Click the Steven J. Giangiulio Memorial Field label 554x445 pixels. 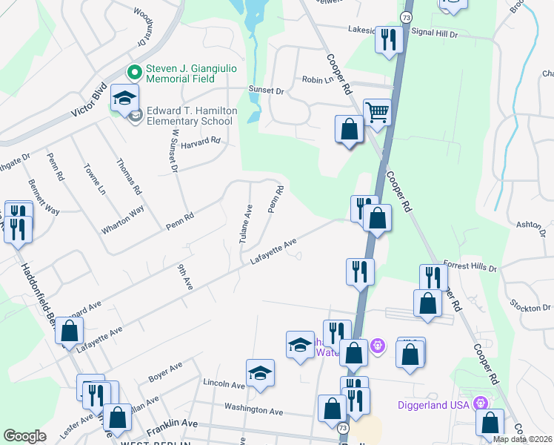190,73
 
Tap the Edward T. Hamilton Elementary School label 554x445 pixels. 191,116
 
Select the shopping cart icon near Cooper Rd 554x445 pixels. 378,113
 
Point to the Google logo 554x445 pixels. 24,436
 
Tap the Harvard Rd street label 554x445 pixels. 201,140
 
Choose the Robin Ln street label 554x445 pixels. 316,79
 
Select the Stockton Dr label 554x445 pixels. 530,306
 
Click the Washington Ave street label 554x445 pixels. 254,410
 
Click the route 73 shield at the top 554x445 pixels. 406,16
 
